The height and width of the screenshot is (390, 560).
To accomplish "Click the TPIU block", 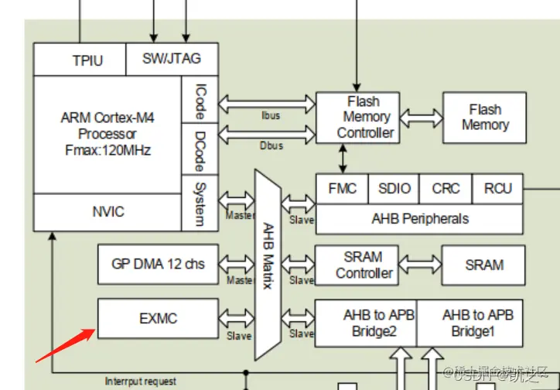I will [x=87, y=60].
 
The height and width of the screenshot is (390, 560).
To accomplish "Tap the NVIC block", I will [x=108, y=211].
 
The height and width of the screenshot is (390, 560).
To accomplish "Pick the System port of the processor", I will [x=200, y=203].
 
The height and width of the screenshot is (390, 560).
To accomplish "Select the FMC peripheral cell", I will [x=342, y=189].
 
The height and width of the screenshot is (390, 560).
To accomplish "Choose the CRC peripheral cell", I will [x=446, y=189].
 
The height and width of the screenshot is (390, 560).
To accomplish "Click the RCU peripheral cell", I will [x=497, y=189].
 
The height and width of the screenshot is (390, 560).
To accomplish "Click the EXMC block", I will [x=159, y=317].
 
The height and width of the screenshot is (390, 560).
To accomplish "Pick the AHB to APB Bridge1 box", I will [x=477, y=323].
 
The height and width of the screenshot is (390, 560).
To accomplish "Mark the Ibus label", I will [x=270, y=116].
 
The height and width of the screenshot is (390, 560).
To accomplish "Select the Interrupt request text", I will [x=140, y=381].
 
